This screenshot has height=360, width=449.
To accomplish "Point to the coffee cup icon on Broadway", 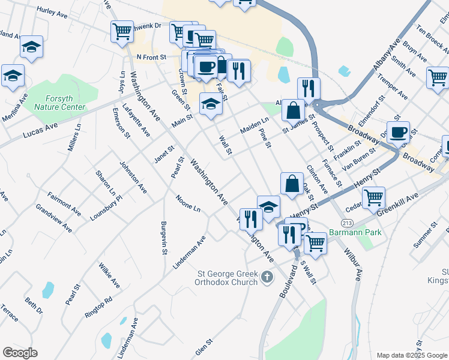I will click(398, 131).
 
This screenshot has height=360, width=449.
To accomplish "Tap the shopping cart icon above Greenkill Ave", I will click(373, 196).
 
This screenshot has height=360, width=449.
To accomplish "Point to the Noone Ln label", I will click(188, 203).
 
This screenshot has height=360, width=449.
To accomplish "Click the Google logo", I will click(20, 353).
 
